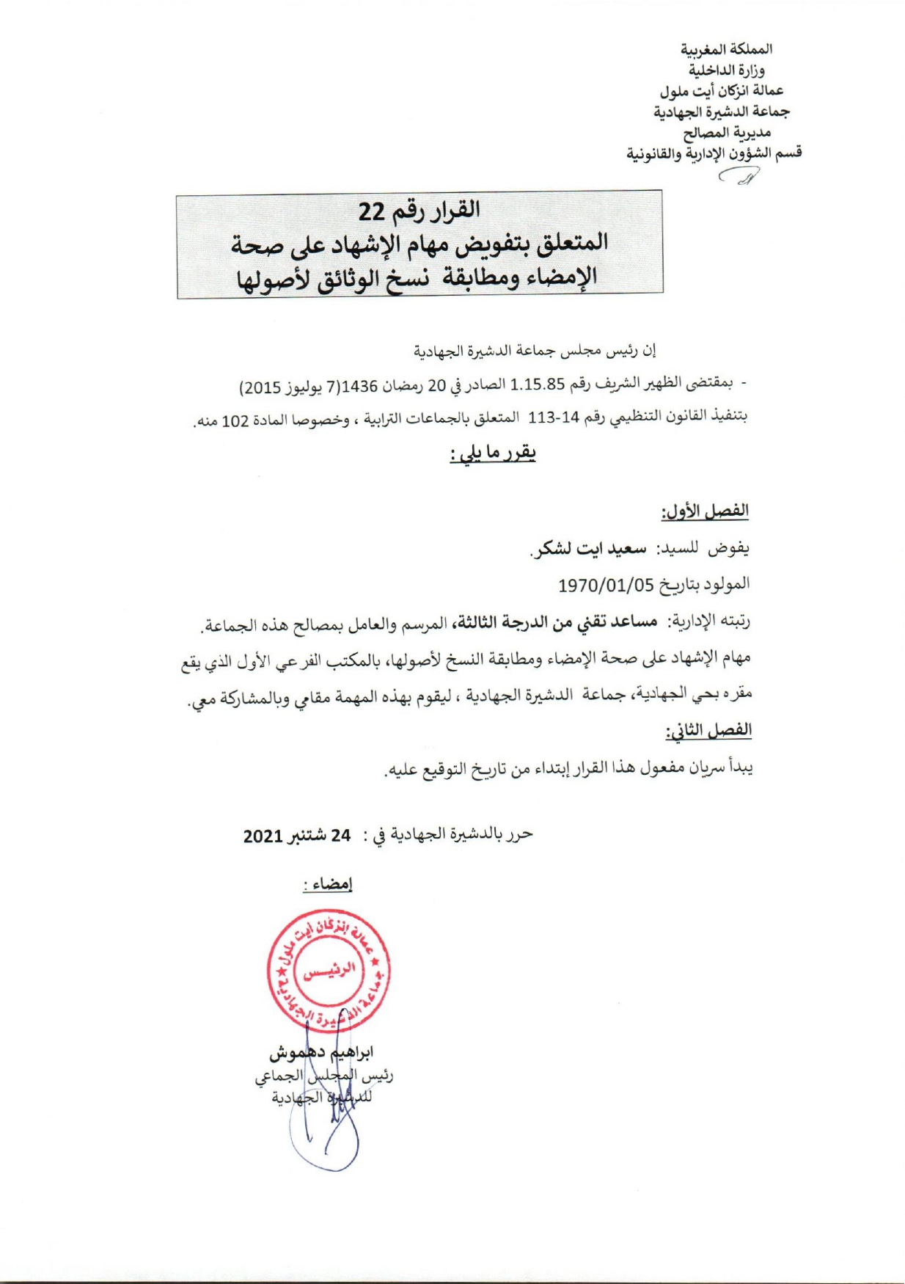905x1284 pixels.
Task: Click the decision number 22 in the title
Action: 372,211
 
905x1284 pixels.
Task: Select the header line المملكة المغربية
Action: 726,50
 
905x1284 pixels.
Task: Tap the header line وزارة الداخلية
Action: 726,70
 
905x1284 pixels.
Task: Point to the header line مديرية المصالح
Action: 727,133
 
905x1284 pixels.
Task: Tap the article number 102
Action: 235,421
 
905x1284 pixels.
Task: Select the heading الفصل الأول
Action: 705,511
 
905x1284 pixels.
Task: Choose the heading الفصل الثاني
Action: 708,730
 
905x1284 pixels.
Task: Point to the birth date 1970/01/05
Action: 606,586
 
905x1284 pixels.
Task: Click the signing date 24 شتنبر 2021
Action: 297,836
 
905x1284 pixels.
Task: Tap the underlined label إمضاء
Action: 328,885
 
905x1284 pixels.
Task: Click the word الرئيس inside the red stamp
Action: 329,970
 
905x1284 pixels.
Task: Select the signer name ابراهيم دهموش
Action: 321,1053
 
